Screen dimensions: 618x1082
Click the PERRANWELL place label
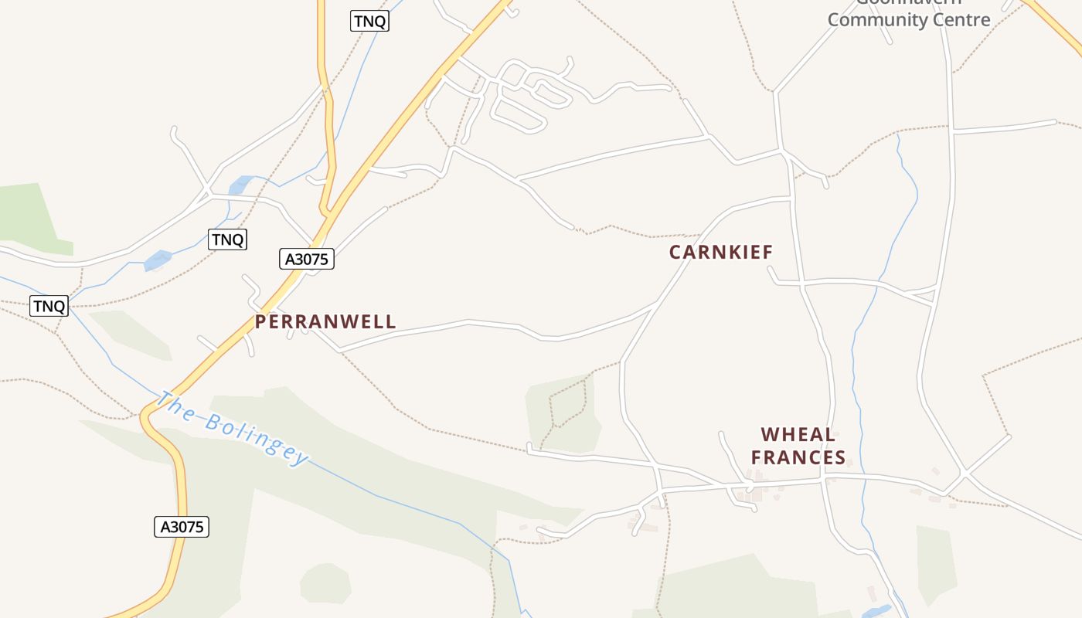tap(325, 321)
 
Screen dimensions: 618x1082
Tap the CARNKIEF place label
tap(720, 252)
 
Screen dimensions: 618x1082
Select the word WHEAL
tap(798, 434)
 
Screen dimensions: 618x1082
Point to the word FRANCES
tap(798, 457)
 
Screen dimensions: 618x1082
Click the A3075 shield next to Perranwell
tap(307, 259)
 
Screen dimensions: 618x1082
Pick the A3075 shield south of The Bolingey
tap(182, 527)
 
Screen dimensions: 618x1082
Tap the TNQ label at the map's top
tap(369, 21)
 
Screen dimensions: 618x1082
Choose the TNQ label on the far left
tap(49, 306)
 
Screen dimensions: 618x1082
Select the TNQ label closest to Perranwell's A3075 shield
tap(227, 239)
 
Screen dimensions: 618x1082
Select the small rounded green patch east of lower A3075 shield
tap(326, 584)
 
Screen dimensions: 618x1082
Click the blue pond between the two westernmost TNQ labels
tap(158, 260)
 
